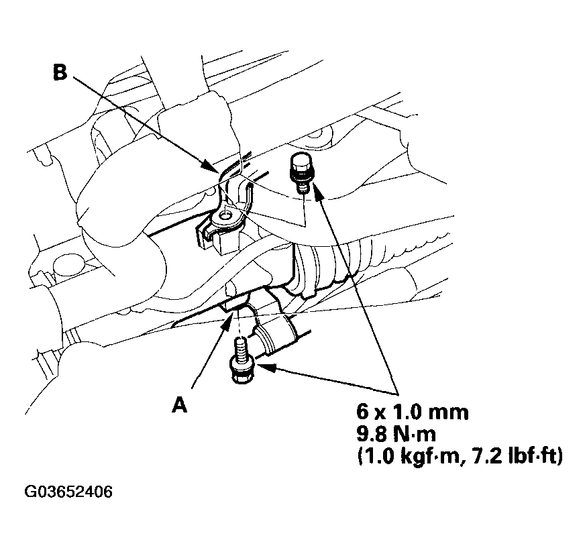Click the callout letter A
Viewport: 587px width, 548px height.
point(179,405)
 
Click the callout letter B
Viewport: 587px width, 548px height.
point(60,72)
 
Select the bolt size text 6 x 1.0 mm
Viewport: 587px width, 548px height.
point(411,412)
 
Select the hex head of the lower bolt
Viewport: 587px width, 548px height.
point(242,371)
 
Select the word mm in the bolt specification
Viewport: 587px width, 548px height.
point(450,412)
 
